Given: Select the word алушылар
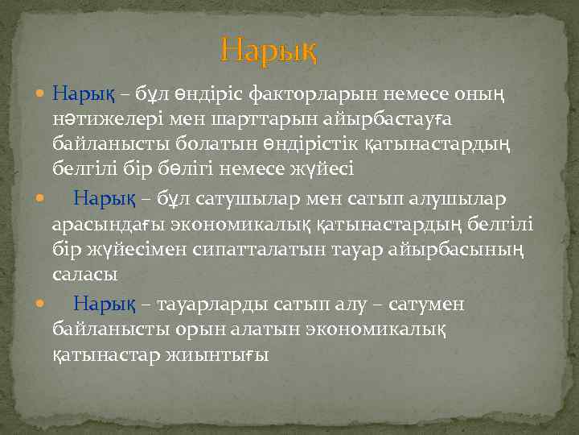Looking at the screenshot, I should (451, 197).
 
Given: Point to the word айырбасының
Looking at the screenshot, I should (455, 249).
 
